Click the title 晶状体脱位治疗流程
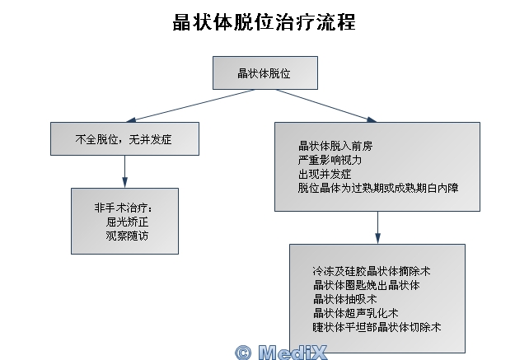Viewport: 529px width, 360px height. point(264,21)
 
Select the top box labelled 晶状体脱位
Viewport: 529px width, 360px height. point(265,72)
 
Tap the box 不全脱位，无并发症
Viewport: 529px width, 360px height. point(124,138)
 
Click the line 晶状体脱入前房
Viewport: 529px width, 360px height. point(335,146)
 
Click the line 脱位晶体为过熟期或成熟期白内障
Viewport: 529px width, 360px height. point(378,188)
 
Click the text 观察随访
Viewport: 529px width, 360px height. point(127,235)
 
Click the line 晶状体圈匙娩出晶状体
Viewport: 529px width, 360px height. point(367,285)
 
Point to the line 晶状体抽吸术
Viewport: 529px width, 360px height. point(344,299)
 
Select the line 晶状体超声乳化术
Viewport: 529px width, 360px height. point(356,313)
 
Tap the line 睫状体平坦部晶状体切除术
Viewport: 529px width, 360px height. point(377,327)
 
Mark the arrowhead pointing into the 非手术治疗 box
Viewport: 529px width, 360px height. point(124,185)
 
